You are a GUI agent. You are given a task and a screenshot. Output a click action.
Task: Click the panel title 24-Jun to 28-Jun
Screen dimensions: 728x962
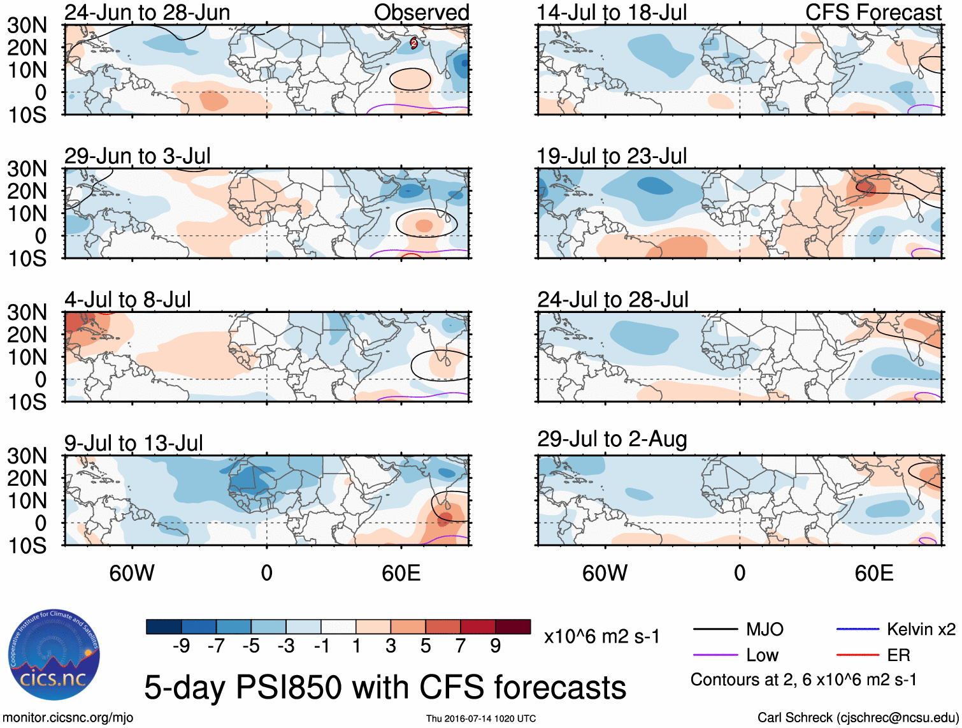(147, 12)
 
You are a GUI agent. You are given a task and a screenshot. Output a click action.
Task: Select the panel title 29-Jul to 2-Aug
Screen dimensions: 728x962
(612, 439)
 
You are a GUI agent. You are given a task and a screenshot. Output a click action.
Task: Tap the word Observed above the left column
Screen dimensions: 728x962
(421, 12)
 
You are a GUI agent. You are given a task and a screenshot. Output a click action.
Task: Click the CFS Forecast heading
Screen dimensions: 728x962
(873, 12)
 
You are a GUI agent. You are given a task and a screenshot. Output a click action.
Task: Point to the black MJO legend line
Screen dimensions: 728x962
(715, 630)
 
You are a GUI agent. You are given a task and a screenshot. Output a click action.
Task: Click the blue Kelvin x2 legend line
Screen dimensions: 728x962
(858, 629)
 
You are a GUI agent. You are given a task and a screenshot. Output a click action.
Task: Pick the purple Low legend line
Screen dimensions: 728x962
(715, 655)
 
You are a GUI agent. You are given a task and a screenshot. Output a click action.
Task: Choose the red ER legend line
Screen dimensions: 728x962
(858, 655)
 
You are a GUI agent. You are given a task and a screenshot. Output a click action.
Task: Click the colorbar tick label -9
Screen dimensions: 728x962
(181, 646)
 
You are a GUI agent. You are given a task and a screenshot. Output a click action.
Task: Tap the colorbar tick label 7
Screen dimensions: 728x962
(461, 646)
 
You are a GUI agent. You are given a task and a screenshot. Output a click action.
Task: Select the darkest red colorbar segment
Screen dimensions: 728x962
(513, 627)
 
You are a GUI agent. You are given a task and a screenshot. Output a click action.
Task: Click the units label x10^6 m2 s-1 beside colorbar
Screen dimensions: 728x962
(601, 637)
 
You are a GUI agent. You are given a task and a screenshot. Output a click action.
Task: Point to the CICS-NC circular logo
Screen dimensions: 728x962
(54, 655)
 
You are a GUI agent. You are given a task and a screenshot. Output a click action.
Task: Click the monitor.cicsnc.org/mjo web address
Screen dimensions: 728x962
(68, 718)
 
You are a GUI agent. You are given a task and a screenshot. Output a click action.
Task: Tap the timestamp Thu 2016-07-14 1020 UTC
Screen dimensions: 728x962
(481, 718)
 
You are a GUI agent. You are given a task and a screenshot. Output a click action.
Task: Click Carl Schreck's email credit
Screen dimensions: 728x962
(858, 718)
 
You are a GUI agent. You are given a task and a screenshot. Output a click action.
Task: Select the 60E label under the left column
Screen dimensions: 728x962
(401, 573)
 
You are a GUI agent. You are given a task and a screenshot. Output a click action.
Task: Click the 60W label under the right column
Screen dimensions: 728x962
(605, 573)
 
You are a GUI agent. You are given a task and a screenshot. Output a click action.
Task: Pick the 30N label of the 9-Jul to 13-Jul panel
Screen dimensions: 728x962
(27, 456)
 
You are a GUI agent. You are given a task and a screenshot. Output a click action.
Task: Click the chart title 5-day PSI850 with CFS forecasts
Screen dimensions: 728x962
(385, 687)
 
